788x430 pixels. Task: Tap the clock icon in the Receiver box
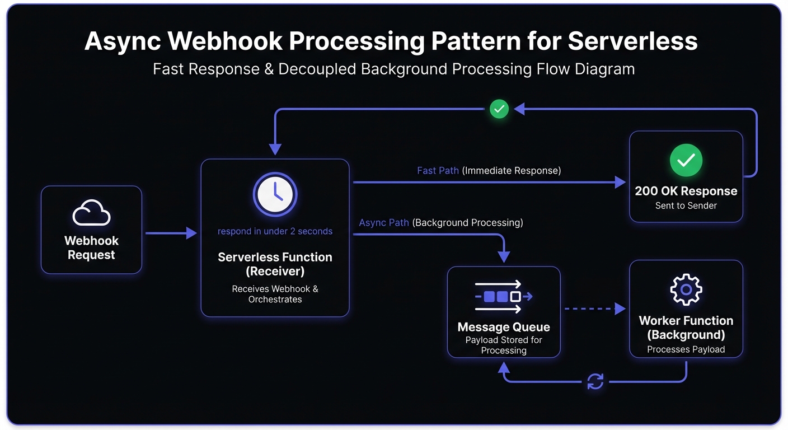pos(275,194)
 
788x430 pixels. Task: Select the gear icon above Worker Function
pos(686,289)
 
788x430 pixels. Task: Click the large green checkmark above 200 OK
pos(686,161)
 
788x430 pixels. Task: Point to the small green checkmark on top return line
pos(499,109)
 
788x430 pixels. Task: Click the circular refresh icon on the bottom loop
pos(595,382)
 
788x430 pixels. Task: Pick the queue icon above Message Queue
pos(503,296)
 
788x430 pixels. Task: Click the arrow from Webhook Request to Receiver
pos(171,233)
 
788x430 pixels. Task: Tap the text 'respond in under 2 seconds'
pos(275,231)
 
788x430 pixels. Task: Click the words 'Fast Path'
pos(438,170)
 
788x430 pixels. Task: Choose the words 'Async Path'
pos(384,222)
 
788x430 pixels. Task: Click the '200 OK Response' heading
pos(686,191)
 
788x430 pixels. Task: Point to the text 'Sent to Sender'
pos(686,205)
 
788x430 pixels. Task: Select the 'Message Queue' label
pos(503,327)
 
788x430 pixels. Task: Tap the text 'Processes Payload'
pos(686,349)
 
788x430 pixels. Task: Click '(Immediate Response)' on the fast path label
pos(511,170)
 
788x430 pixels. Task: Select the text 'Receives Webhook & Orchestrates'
pos(275,294)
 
